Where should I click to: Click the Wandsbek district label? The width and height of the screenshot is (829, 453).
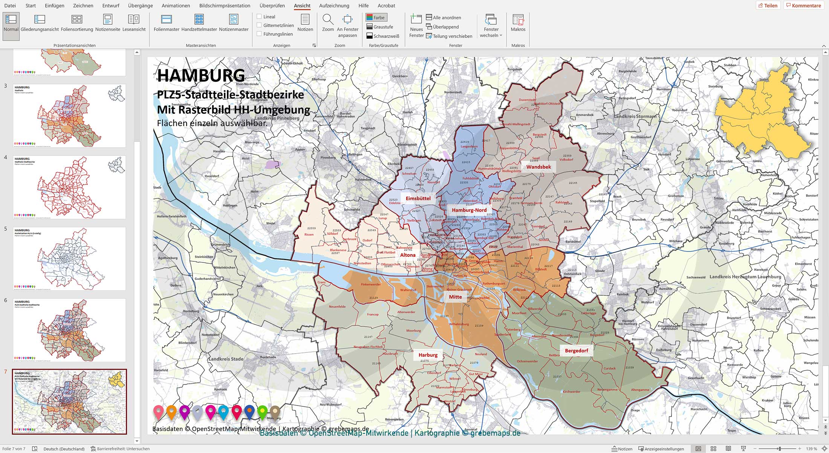click(538, 167)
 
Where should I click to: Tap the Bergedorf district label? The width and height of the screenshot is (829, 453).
click(576, 351)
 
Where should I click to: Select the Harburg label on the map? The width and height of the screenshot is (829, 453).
click(428, 355)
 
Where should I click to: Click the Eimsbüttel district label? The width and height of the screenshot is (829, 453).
click(418, 198)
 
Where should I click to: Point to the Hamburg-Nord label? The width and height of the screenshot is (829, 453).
click(469, 210)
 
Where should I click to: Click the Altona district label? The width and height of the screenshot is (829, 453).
click(408, 255)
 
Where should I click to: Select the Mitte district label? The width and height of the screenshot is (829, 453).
click(455, 297)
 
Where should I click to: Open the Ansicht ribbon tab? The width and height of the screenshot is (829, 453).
click(302, 6)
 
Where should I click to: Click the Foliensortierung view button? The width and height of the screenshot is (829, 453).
click(77, 23)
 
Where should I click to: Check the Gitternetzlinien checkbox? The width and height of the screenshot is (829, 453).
click(259, 25)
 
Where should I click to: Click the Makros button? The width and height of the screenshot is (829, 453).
click(518, 23)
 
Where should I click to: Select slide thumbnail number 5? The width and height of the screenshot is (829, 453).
click(69, 258)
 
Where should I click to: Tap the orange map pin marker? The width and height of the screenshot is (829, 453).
click(171, 412)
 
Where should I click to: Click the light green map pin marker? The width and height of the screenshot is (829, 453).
click(262, 412)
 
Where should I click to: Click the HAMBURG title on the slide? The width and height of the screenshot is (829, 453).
click(201, 75)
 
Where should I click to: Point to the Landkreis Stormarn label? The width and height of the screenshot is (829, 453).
click(635, 116)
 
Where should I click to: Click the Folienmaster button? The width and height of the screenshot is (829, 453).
click(166, 23)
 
